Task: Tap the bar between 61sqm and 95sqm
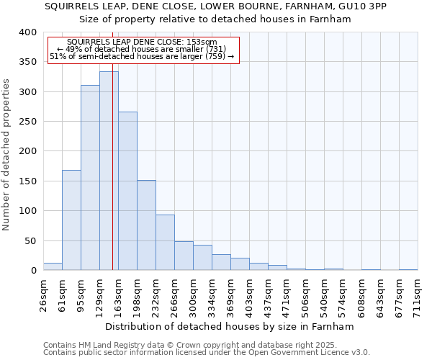pyautogui.click(x=71, y=220)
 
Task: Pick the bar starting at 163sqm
pyautogui.click(x=127, y=191)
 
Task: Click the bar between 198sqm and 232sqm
pyautogui.click(x=146, y=225)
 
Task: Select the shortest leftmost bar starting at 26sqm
pyautogui.click(x=53, y=266)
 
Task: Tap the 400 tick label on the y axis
pyautogui.click(x=28, y=32)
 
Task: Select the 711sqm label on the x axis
pyautogui.click(x=418, y=295)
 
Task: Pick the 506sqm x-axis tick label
pyautogui.click(x=306, y=295)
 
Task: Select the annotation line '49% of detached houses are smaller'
pyautogui.click(x=142, y=49)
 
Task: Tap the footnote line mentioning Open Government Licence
pyautogui.click(x=207, y=352)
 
